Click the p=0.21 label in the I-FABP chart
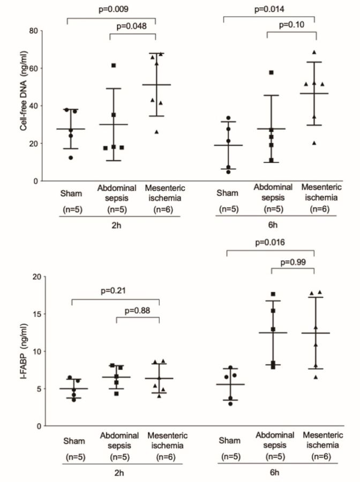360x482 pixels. (x=115, y=291)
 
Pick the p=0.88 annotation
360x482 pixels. (x=137, y=310)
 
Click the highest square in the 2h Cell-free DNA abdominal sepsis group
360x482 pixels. (x=114, y=65)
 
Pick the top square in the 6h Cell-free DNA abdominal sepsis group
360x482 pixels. (x=271, y=72)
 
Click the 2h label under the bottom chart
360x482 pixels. (x=114, y=473)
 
